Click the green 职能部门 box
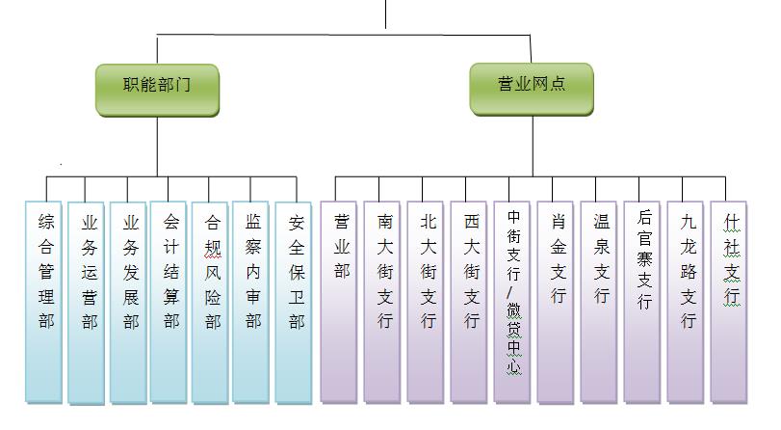(x=157, y=90)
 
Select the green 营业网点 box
(x=532, y=90)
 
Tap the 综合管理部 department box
(x=44, y=303)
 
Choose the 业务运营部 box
(x=86, y=304)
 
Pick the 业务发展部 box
(x=128, y=303)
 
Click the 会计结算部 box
(x=169, y=303)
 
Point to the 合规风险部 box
(x=210, y=303)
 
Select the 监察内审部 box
(x=250, y=303)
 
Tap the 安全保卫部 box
(x=294, y=303)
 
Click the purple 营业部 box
(x=339, y=303)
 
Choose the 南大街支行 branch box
(x=382, y=303)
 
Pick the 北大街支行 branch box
(x=426, y=303)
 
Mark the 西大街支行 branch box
(x=469, y=303)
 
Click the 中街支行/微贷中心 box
(x=512, y=303)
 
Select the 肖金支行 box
(x=556, y=303)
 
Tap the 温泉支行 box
(x=599, y=303)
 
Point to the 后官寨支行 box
(x=642, y=303)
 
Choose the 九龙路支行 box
(x=686, y=303)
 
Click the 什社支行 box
(x=729, y=303)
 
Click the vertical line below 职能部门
(x=157, y=147)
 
